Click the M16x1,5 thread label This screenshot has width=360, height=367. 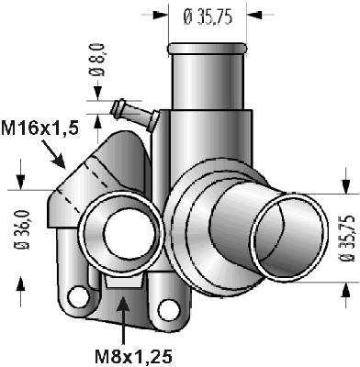[40, 128]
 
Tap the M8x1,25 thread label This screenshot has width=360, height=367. [133, 356]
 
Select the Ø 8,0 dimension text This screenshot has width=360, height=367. [97, 60]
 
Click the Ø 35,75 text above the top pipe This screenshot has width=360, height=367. [208, 17]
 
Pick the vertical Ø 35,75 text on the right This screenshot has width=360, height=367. [347, 239]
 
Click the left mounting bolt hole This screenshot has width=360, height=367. [75, 296]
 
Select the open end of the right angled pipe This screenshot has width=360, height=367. [289, 237]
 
